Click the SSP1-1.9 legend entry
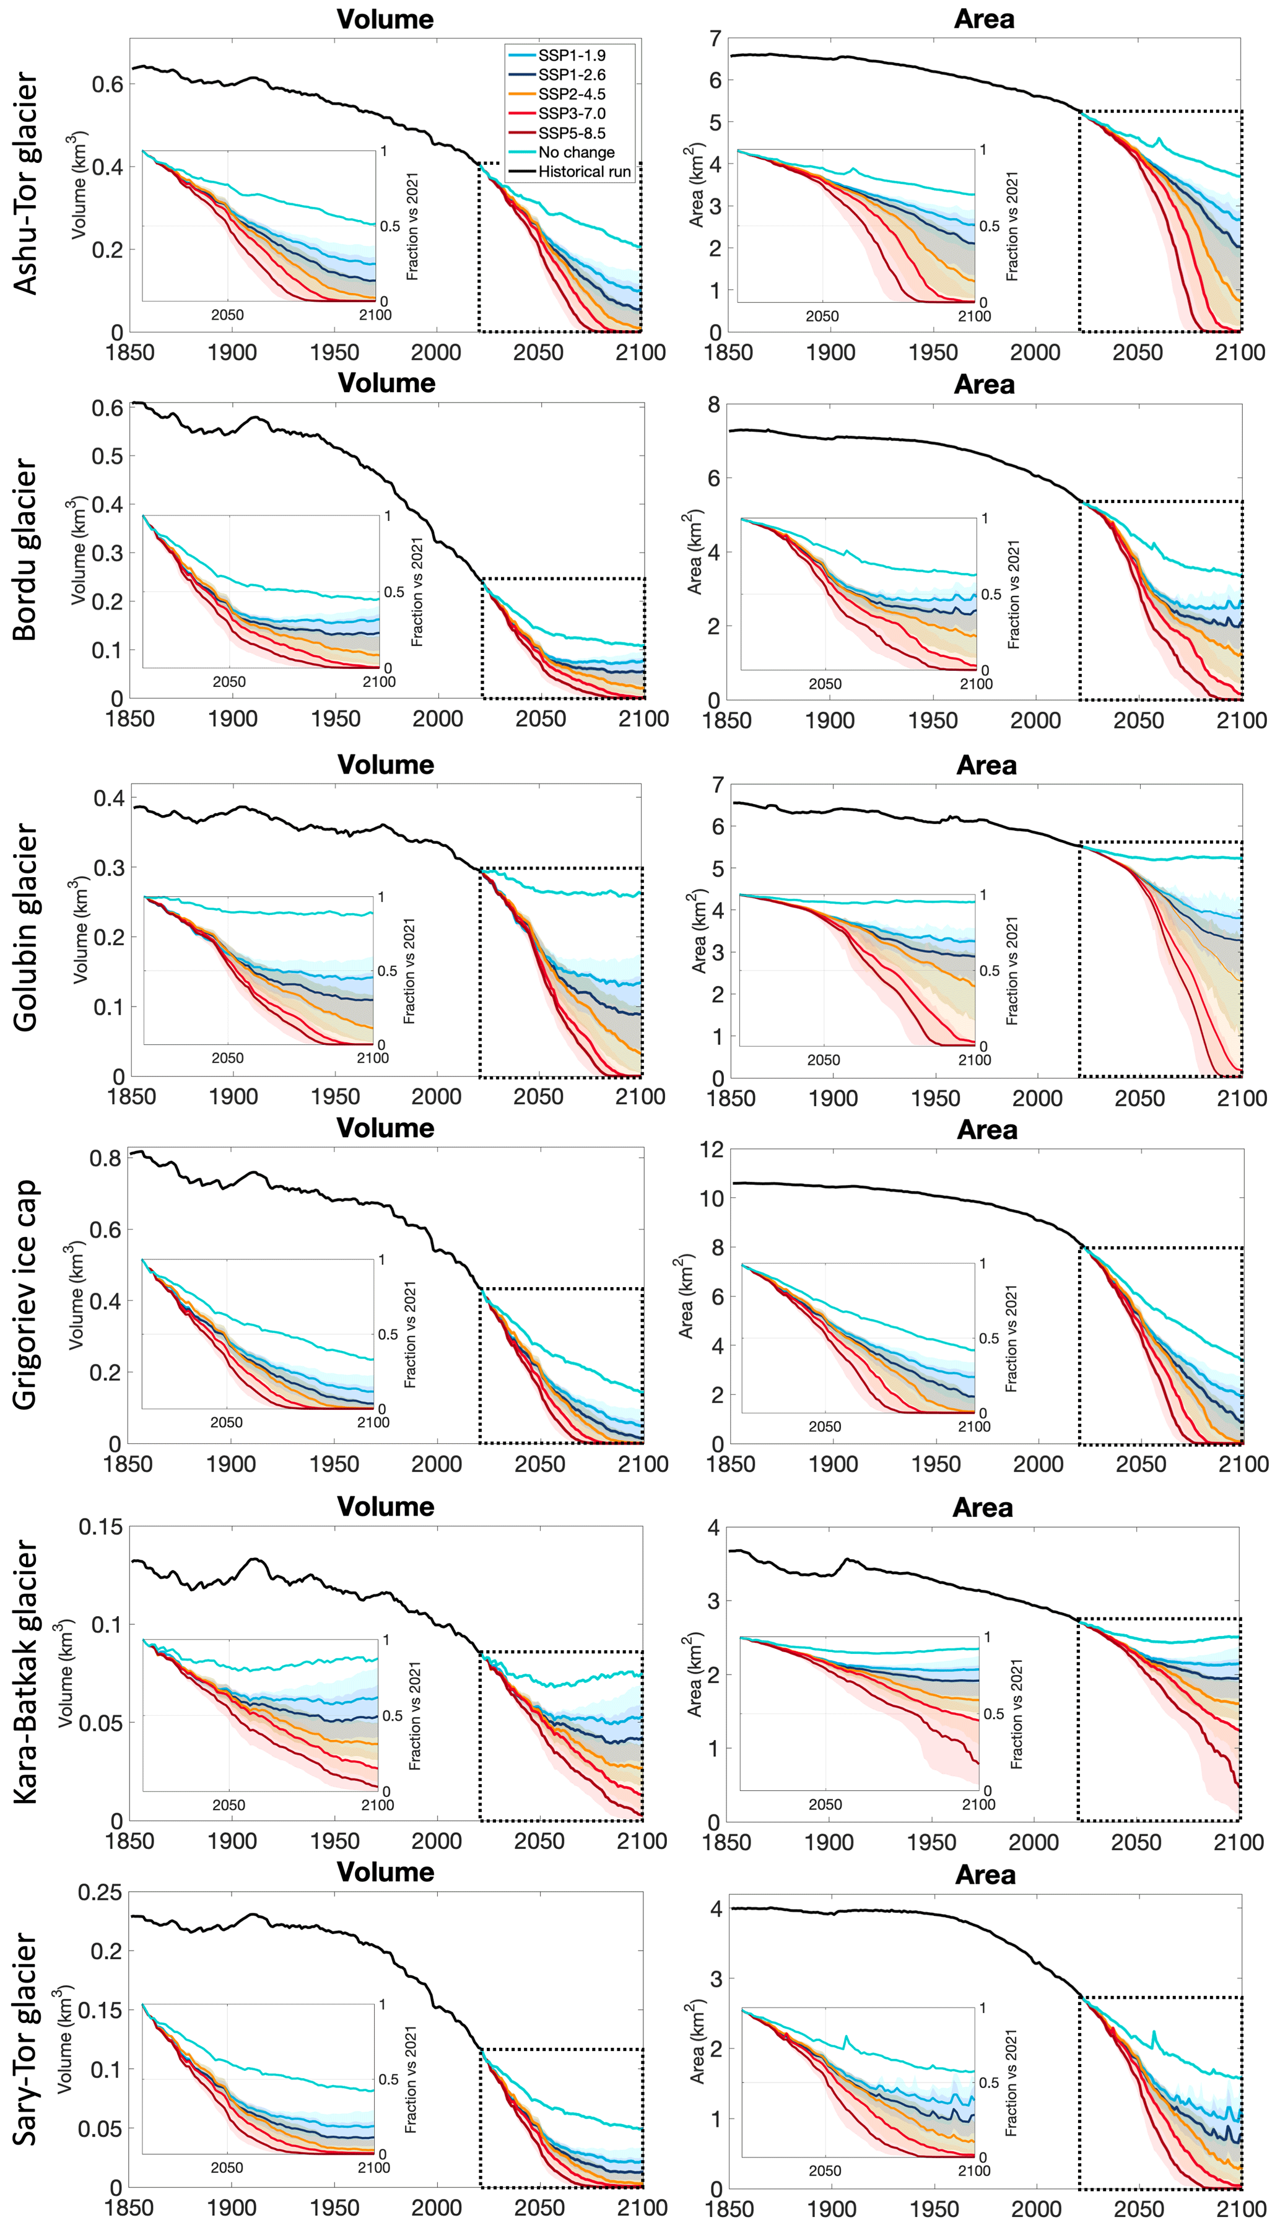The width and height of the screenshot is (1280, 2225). pos(572,55)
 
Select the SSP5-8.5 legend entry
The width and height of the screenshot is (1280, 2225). pos(572,133)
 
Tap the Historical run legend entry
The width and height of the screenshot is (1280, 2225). pos(584,172)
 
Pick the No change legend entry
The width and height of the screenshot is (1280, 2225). pos(576,152)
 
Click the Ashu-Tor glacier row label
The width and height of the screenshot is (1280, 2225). pos(27,183)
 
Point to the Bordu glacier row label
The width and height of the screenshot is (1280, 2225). pos(27,549)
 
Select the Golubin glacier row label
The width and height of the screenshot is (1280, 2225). pos(27,927)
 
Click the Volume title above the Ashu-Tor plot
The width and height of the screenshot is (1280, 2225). pos(385,19)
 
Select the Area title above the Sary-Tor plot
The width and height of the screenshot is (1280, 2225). pos(985,1874)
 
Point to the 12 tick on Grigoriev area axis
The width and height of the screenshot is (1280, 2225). pos(711,1149)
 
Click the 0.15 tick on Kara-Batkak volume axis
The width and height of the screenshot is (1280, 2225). pos(100,1527)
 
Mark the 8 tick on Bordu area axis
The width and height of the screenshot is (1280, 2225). pos(714,404)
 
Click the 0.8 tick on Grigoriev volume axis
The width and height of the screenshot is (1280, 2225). pos(105,1159)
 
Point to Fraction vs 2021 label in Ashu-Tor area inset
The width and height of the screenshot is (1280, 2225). pos(1012,226)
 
